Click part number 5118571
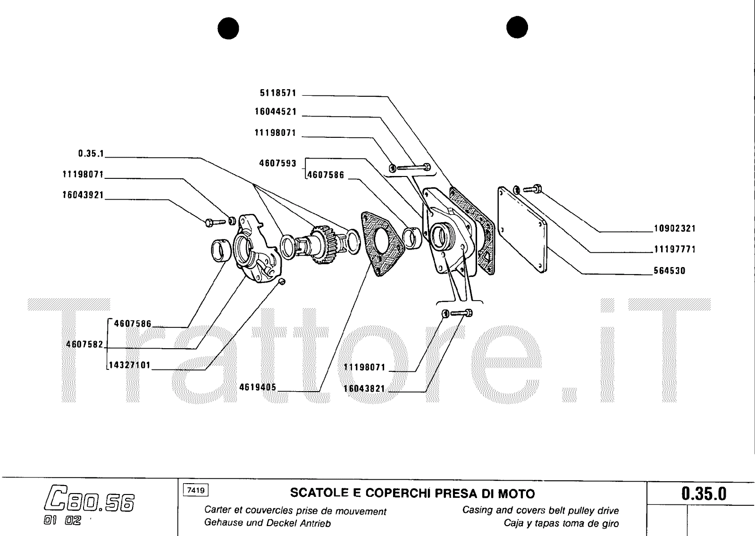point(278,93)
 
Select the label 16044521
point(276,112)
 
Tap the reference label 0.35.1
point(91,154)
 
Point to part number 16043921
point(83,195)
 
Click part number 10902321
point(674,228)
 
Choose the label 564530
point(669,271)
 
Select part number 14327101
point(130,365)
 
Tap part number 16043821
point(364,389)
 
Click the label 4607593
point(277,163)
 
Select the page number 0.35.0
point(704,494)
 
